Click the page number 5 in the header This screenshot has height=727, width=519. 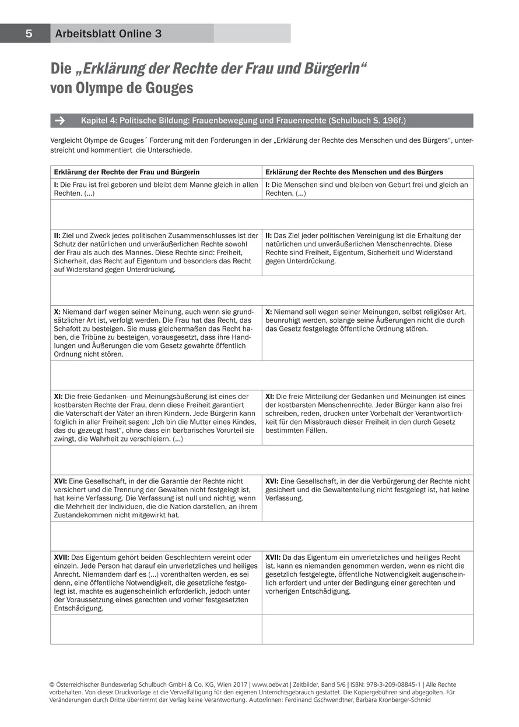(29, 34)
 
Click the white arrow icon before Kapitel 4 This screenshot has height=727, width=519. (59, 121)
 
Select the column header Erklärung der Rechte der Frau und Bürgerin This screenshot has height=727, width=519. (127, 172)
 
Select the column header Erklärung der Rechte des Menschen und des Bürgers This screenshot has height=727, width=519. (354, 172)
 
